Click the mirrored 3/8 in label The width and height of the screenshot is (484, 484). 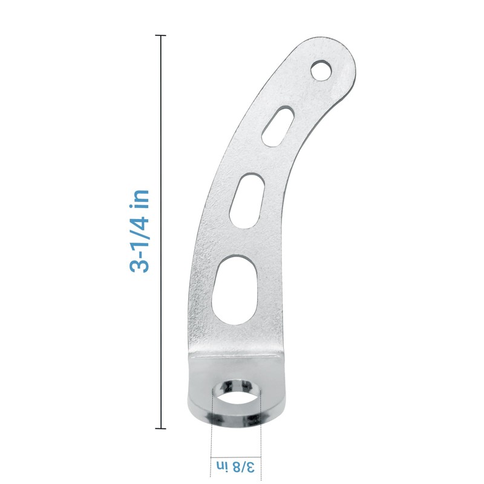[x=235, y=466]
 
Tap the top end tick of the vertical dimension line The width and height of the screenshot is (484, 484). [x=160, y=36]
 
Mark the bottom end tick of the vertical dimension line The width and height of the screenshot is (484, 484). [x=160, y=428]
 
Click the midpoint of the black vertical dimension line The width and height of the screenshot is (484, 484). [x=160, y=232]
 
